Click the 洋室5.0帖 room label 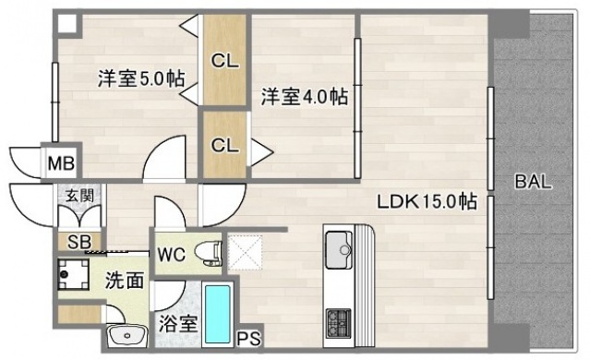pos(140,78)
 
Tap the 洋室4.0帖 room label pos(304,96)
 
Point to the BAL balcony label pos(533,182)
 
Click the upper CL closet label pos(223,62)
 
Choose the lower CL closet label pos(223,145)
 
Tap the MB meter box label pos(61,164)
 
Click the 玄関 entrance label pos(78,195)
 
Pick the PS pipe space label pos(248,339)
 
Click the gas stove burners pos(337,323)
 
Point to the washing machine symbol pos(70,274)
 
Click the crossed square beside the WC pos(246,251)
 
